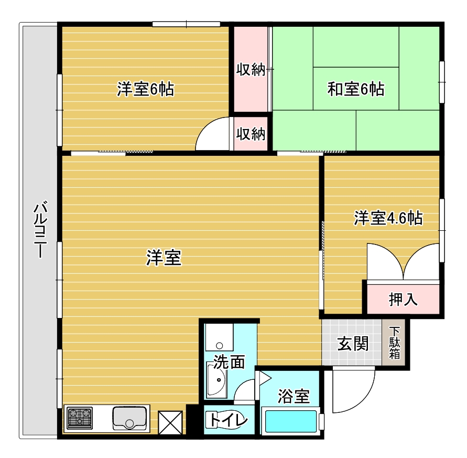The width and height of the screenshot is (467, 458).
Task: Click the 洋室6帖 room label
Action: (x=145, y=89)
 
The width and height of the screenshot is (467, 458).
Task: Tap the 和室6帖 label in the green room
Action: (x=356, y=89)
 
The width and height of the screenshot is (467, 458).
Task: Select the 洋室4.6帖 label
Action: (x=388, y=218)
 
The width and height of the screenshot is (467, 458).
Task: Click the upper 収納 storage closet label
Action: (x=251, y=69)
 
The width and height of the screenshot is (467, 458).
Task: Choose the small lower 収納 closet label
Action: (x=251, y=134)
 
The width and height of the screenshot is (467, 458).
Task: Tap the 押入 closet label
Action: (x=403, y=299)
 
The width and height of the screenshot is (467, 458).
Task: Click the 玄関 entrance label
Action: (x=353, y=344)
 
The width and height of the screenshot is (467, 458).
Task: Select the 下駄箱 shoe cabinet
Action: (x=394, y=343)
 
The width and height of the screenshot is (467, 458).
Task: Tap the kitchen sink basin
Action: (x=129, y=418)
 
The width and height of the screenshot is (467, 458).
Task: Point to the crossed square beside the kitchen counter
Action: (x=170, y=422)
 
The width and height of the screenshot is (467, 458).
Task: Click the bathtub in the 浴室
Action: (x=291, y=421)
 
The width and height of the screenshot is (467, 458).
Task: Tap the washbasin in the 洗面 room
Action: (x=216, y=380)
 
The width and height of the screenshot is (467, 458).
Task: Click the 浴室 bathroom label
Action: (x=294, y=396)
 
